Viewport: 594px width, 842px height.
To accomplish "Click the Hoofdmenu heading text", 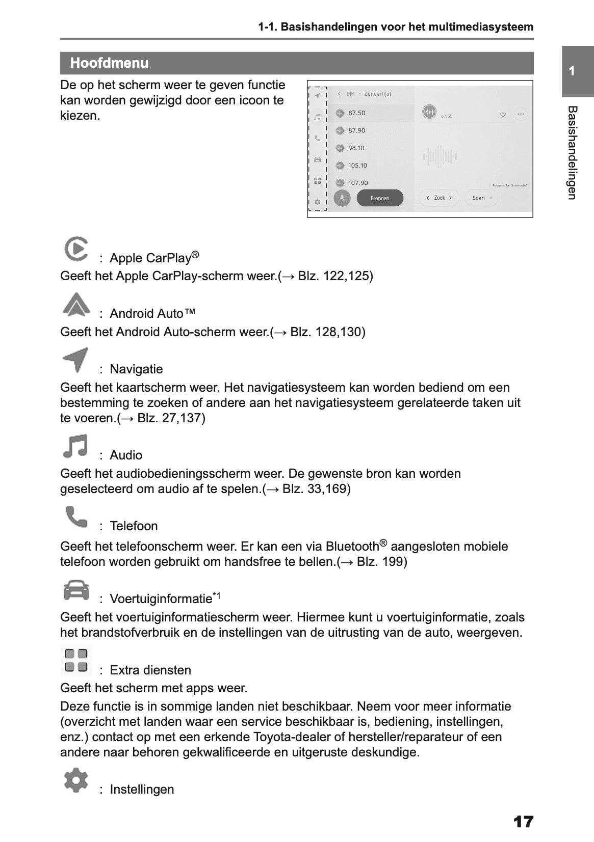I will pyautogui.click(x=109, y=63).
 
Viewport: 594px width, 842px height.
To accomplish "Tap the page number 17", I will pyautogui.click(x=523, y=822).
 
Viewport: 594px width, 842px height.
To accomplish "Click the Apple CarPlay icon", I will pyautogui.click(x=76, y=249).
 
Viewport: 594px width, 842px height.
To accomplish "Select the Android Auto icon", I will pyautogui.click(x=76, y=305).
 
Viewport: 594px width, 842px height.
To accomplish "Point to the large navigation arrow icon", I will pyautogui.click(x=75, y=360).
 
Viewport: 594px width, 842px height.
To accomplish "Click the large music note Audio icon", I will pyautogui.click(x=75, y=446).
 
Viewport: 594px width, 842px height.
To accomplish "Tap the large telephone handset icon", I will pyautogui.click(x=76, y=517).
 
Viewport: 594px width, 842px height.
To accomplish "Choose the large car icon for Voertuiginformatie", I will pyautogui.click(x=76, y=590).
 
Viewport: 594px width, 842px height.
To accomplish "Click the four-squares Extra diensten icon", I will pyautogui.click(x=76, y=660).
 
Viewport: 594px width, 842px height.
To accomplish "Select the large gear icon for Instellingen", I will pyautogui.click(x=76, y=780).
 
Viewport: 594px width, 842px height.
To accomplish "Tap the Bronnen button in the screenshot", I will pyautogui.click(x=380, y=198).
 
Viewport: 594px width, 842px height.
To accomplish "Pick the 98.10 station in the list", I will pyautogui.click(x=356, y=148).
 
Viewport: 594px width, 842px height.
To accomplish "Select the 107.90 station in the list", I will pyautogui.click(x=357, y=183).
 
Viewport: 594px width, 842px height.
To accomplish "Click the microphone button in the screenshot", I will pyautogui.click(x=342, y=198).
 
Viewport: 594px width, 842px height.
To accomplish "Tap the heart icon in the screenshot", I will pyautogui.click(x=503, y=115).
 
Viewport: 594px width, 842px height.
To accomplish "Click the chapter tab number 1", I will pyautogui.click(x=572, y=71).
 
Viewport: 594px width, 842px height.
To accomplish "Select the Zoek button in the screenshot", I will pyautogui.click(x=439, y=198).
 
